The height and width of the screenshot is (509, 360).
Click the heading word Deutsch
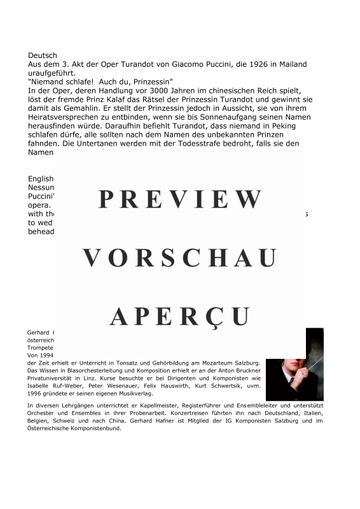43,56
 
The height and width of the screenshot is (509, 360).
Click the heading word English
41,179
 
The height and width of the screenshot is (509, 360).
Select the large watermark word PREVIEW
180,200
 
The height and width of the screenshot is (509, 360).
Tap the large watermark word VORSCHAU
180,258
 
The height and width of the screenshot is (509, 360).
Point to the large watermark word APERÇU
180,316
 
